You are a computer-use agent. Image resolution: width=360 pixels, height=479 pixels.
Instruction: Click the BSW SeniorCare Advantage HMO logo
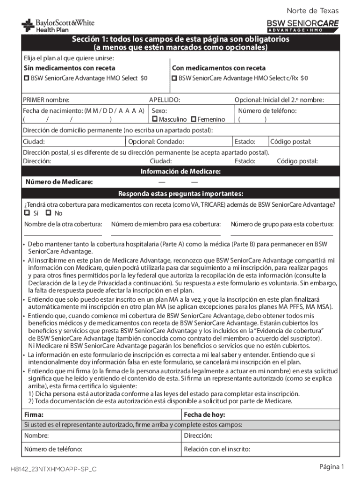point(302,26)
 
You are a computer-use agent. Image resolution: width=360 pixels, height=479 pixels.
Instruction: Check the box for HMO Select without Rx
point(27,78)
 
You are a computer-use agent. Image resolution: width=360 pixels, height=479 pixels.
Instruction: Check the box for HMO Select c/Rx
point(174,78)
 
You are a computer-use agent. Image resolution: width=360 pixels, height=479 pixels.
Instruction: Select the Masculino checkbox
point(155,120)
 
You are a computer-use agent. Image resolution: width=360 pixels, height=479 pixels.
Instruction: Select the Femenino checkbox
point(194,120)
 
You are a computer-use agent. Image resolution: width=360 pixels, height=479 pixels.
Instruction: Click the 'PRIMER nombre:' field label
point(46,100)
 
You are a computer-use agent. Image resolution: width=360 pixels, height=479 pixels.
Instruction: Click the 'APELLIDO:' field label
point(165,100)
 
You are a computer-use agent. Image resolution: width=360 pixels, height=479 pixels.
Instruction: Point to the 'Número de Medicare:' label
point(59,182)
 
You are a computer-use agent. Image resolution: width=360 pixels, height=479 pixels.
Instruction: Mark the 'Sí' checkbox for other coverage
point(27,213)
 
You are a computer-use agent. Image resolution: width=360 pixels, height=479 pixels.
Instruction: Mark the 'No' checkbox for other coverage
point(48,213)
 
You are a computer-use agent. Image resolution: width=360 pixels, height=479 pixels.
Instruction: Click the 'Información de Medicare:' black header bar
point(180,172)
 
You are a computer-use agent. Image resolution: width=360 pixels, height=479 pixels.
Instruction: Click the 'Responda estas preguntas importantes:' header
point(180,194)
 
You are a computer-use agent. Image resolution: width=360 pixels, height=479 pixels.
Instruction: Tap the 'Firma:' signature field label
point(34,414)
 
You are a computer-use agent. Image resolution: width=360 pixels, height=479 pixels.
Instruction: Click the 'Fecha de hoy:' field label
point(204,414)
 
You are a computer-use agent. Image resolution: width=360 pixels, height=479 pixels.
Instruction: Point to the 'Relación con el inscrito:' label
point(217,450)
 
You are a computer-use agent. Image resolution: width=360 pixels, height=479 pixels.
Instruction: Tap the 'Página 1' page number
point(331,467)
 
